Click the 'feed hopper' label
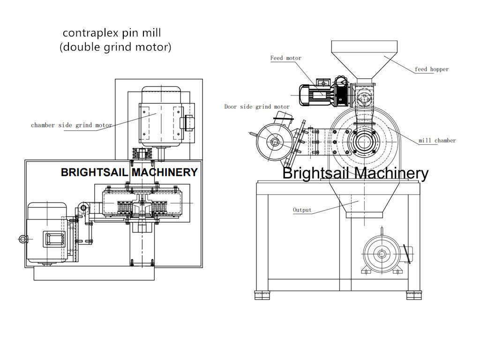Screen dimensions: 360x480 (431, 69)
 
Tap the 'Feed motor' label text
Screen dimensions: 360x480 (285, 58)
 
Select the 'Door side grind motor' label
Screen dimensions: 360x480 (257, 107)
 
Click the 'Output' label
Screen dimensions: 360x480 (302, 210)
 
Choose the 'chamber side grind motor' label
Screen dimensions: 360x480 (71, 125)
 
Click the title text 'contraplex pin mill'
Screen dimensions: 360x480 (112, 33)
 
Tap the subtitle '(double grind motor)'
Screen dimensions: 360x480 (115, 47)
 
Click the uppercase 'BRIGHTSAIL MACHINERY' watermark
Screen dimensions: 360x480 (129, 172)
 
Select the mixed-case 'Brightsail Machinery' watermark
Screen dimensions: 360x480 (355, 173)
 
